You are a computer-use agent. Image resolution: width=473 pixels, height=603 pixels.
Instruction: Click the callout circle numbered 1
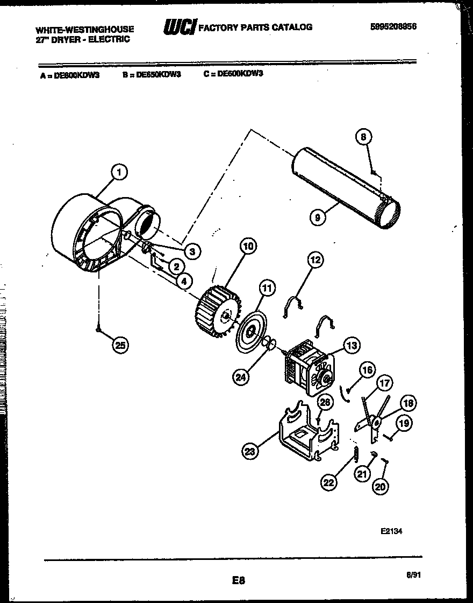click(x=119, y=172)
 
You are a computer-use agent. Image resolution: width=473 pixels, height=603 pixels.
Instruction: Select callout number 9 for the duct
click(x=318, y=218)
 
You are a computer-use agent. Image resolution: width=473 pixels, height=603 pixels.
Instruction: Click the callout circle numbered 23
click(x=249, y=452)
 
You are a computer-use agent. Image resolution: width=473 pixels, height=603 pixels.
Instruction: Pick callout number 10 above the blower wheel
click(x=247, y=247)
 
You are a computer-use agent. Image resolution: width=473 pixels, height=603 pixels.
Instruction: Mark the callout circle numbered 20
click(x=379, y=486)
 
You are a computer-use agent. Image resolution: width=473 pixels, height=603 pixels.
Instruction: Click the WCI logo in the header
click(x=179, y=26)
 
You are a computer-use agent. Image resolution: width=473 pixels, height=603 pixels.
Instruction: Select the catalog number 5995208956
click(x=393, y=26)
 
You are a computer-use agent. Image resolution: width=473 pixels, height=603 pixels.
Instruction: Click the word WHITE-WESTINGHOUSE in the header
click(x=85, y=30)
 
